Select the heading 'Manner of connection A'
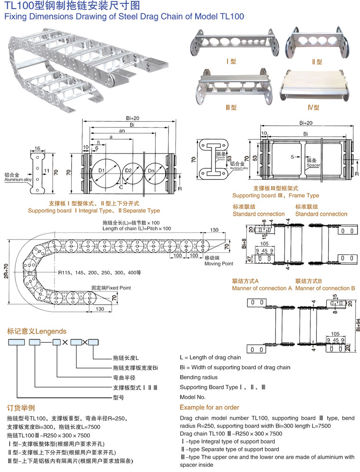point(262,288)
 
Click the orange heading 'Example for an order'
point(209,407)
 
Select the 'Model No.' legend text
point(193,397)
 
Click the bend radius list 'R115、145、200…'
point(100,273)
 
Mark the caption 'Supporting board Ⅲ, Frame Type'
point(275,195)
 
